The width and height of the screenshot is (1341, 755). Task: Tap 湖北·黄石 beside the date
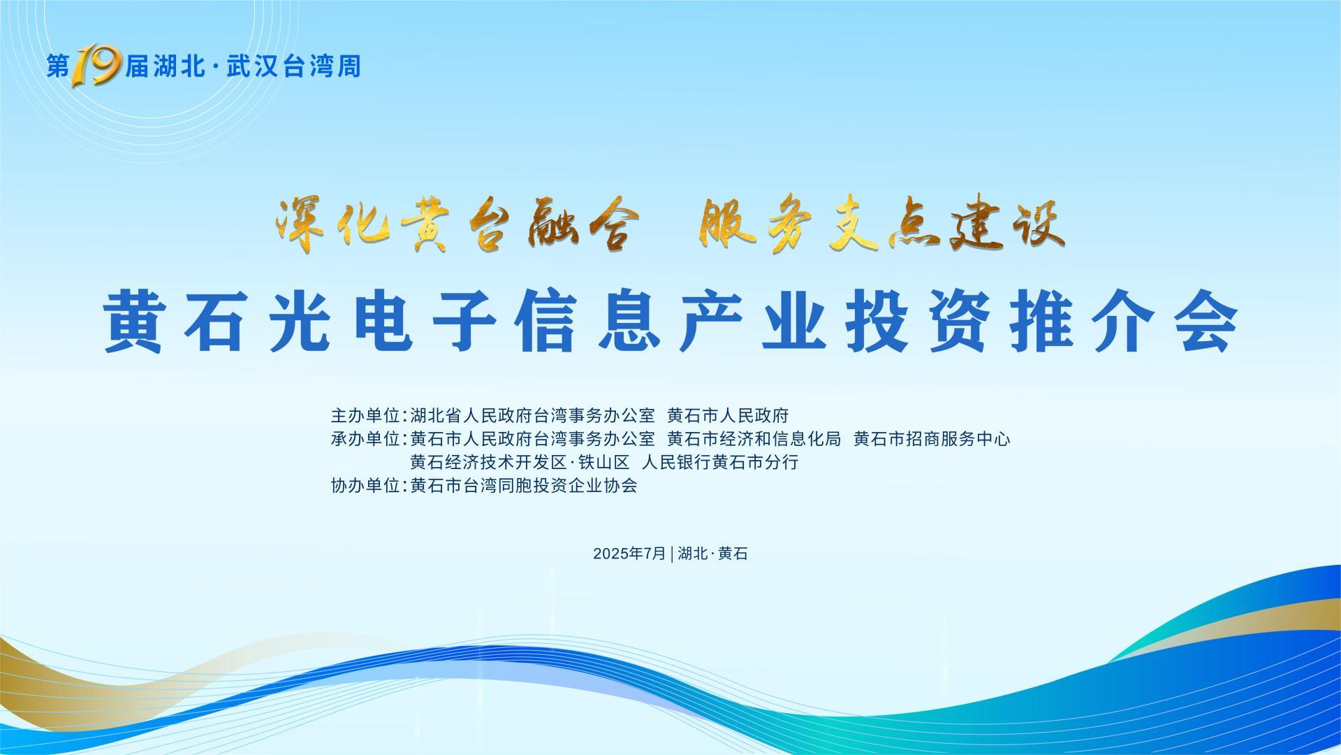712,554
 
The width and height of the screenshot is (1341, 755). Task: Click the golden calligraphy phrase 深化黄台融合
457,225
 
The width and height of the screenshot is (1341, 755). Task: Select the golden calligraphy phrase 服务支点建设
881,225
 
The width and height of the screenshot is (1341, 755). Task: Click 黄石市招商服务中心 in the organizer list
932,439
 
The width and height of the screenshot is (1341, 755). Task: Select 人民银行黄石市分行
720,462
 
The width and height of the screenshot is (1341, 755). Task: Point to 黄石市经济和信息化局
754,439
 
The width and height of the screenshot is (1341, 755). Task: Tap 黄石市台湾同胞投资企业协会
524,485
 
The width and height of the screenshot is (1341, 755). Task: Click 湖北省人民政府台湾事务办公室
532,416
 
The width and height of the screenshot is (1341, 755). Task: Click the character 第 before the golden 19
59,66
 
